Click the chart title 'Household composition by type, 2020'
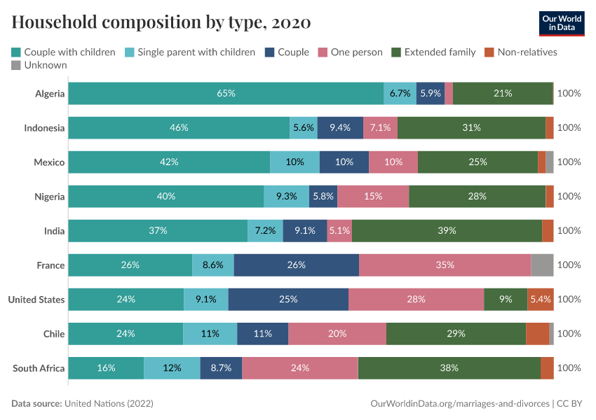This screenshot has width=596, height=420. pos(161,22)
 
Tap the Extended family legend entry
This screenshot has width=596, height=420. pos(433,52)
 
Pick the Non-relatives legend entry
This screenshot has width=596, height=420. pos(521,52)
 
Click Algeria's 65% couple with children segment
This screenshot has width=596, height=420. pos(226,93)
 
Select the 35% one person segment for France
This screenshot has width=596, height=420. pos(445,265)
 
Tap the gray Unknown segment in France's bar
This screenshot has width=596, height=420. pos(542,265)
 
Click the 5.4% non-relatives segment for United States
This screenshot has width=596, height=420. pos(540,300)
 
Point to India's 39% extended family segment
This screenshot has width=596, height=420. pos(447,231)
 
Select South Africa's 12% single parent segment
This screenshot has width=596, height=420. pos(172,368)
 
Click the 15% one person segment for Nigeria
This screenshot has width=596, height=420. pos(373,197)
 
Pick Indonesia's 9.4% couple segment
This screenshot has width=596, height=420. pos(340,128)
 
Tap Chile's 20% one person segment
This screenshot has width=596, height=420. pos(337,334)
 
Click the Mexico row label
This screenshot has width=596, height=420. pos(49,162)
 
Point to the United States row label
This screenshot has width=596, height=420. pos(36,300)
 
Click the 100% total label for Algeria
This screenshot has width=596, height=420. pos(569,93)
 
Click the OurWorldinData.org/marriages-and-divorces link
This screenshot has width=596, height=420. pos(459,404)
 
